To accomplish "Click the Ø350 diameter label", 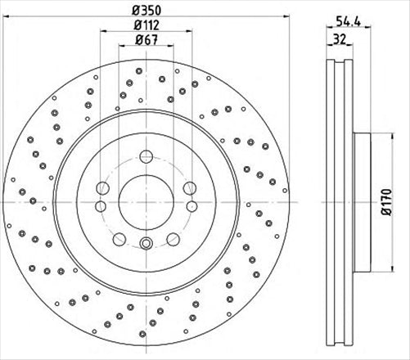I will click(x=146, y=10).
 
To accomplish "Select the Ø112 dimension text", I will click(x=146, y=25).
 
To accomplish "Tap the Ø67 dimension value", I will click(x=146, y=40).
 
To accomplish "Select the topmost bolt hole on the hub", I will click(x=146, y=155).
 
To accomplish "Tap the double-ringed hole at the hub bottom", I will click(x=146, y=242).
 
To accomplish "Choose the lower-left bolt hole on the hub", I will click(x=119, y=239).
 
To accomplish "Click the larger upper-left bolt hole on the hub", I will click(x=102, y=187).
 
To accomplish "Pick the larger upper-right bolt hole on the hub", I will click(x=189, y=187).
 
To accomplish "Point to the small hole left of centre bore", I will click(x=100, y=206).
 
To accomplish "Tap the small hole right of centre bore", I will click(x=191, y=206).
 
